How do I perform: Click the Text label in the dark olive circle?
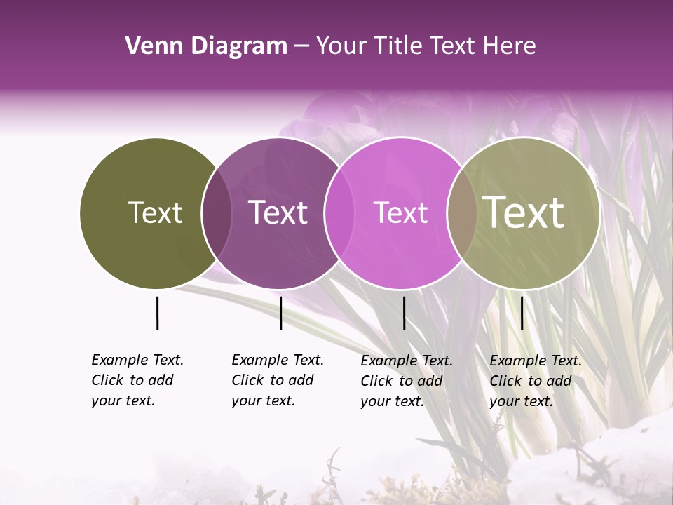pos(155,213)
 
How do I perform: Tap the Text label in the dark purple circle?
pos(278,213)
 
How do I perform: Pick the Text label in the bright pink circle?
pos(400,213)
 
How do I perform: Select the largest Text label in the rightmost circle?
pos(524,213)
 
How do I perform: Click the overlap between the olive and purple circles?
pos(217,213)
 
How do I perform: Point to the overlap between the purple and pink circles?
pos(339,213)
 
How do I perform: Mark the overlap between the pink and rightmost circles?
pos(461,213)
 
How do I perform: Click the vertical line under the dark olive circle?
pos(157,313)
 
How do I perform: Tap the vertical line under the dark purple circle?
pos(280,313)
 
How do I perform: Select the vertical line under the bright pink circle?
pos(404,313)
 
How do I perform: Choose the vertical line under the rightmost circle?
pos(522,313)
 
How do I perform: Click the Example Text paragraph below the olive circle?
pos(137,380)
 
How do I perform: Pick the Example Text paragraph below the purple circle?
pos(277,380)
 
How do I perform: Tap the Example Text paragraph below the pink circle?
pos(406,381)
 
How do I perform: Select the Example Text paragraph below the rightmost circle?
pos(535,381)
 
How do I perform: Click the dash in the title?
pos(301,46)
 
